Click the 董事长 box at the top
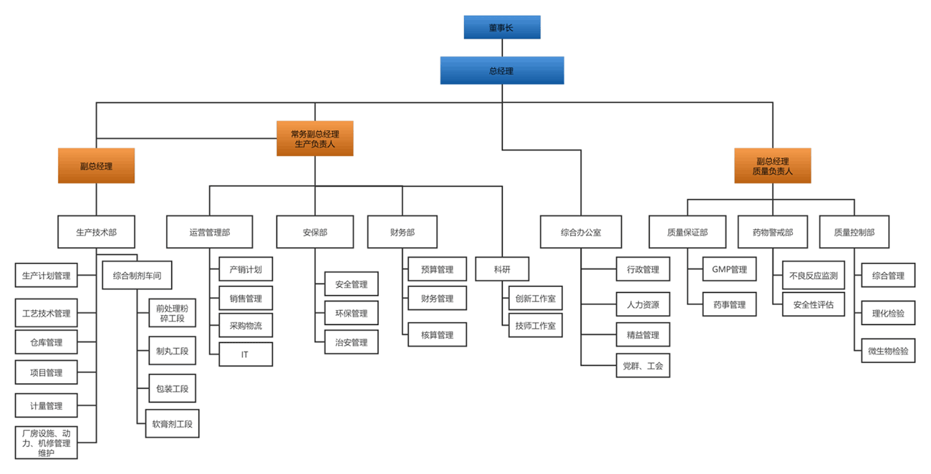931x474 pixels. [501, 27]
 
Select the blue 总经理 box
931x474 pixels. [501, 70]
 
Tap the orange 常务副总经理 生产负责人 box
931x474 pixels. [314, 138]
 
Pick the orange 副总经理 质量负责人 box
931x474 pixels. [772, 165]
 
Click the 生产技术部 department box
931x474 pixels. [96, 232]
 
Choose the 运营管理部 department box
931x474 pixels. [210, 232]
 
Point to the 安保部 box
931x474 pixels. [314, 232]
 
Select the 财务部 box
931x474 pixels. [402, 232]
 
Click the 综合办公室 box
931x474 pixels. [581, 232]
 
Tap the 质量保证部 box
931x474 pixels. [687, 232]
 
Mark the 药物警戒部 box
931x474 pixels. [773, 232]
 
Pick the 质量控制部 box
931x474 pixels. [854, 232]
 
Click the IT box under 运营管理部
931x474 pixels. [245, 354]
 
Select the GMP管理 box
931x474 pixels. [729, 269]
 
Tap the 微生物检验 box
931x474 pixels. [888, 351]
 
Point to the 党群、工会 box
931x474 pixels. [642, 366]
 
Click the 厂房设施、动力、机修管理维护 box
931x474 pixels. [46, 442]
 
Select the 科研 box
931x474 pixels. [501, 269]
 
